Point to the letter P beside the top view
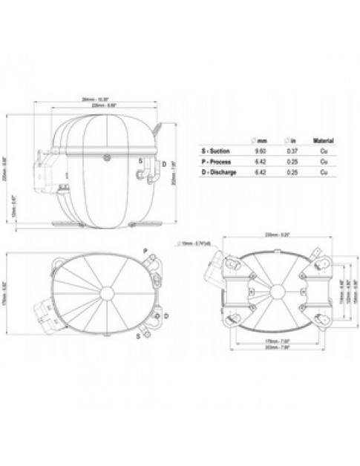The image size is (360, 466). [x=145, y=251]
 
